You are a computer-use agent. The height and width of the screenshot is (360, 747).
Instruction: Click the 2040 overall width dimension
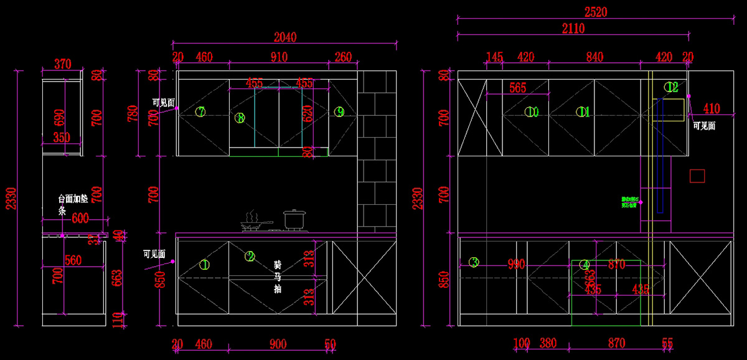tap(285, 37)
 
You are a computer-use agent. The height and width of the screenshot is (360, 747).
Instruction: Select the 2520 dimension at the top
tap(596, 11)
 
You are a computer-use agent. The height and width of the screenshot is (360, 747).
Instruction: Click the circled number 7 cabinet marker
tap(200, 112)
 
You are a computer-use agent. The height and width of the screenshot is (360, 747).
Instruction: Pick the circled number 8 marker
tap(240, 118)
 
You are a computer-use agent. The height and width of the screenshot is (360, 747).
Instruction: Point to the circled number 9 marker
tap(339, 112)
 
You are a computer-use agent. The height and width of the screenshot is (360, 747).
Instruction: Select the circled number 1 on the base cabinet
tap(204, 265)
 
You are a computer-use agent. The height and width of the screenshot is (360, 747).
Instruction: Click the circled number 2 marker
tap(250, 256)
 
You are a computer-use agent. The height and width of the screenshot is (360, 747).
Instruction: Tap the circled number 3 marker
tap(474, 262)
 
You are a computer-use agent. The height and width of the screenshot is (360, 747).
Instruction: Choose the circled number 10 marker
tap(531, 112)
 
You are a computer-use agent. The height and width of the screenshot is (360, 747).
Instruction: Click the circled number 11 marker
tap(583, 112)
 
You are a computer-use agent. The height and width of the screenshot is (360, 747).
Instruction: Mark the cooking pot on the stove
tap(293, 219)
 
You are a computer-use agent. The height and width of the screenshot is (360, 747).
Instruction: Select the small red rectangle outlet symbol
tap(697, 176)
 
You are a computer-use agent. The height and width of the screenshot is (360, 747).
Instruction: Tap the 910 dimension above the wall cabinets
tap(279, 57)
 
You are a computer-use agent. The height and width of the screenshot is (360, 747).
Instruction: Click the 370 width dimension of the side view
tap(62, 64)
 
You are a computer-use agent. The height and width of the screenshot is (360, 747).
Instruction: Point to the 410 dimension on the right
tap(711, 109)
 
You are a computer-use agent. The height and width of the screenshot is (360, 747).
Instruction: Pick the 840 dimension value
tap(594, 57)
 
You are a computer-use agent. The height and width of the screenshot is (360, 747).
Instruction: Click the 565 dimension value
tap(518, 88)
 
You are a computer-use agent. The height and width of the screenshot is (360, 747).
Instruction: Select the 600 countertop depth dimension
tap(80, 218)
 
